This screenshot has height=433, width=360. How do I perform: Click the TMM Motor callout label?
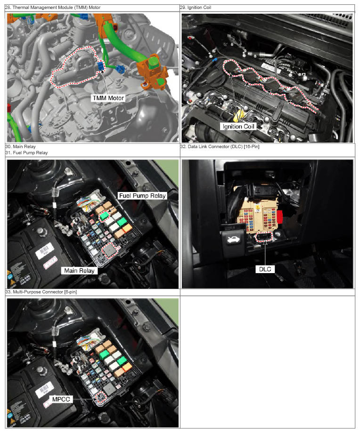[x=108, y=98]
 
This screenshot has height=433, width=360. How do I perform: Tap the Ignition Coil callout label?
[x=238, y=126]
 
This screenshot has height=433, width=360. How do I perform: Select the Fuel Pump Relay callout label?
[x=142, y=196]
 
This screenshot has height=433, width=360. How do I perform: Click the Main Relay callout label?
[x=79, y=271]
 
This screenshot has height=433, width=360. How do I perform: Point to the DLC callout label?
[x=265, y=269]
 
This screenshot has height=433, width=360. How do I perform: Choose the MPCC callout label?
[x=61, y=400]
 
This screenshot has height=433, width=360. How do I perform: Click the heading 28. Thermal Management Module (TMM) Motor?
[x=53, y=8]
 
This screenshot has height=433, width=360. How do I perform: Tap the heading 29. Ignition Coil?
[x=196, y=8]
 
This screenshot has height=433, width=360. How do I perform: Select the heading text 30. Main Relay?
[x=20, y=147]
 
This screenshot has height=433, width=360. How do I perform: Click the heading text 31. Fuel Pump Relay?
[x=26, y=153]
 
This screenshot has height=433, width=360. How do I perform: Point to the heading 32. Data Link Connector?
[x=220, y=147]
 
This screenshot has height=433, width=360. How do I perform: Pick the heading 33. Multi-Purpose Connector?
[x=41, y=292]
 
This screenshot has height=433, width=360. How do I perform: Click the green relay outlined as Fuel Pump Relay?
[x=104, y=216]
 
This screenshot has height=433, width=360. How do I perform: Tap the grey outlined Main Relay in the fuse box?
[x=109, y=250]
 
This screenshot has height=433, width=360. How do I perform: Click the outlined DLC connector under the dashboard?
[x=264, y=237]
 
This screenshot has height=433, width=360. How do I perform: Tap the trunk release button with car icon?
[x=233, y=240]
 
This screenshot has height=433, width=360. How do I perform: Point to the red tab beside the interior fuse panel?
[x=279, y=217]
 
